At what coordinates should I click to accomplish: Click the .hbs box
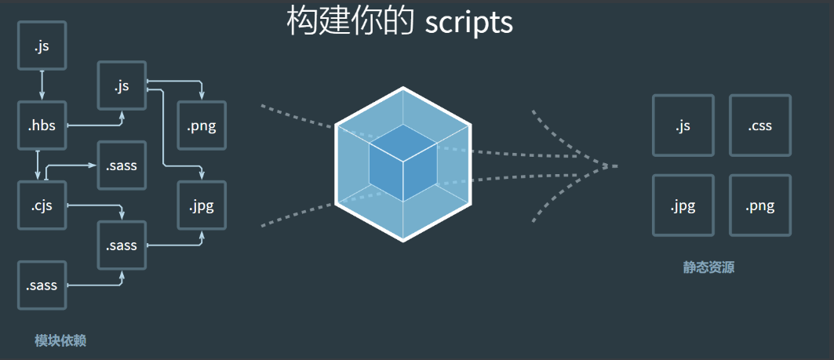(42, 125)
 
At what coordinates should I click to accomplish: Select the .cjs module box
(42, 206)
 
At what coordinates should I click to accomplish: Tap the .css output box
(759, 125)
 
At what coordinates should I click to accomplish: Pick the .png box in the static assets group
(759, 206)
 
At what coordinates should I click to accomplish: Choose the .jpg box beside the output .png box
(683, 206)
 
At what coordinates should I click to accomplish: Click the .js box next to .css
(683, 125)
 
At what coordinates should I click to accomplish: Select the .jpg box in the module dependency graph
(202, 206)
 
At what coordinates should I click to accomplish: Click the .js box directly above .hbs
(42, 45)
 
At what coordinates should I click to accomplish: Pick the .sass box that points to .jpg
(121, 245)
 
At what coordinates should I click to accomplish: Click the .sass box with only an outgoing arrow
(42, 285)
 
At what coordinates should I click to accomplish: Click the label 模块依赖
(60, 340)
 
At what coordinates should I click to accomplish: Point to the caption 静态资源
(708, 267)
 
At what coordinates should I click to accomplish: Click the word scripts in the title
(468, 22)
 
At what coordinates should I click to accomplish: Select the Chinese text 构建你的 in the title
(350, 22)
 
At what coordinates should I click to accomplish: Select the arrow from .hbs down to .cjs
(38, 165)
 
